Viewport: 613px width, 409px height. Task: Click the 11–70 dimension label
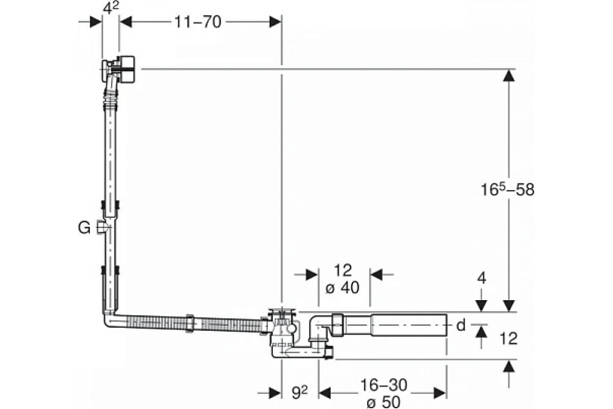pos(198,22)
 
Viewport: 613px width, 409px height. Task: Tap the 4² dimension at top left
pos(111,8)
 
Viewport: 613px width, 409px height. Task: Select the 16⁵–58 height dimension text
pos(507,190)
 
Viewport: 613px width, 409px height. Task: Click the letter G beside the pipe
pos(84,228)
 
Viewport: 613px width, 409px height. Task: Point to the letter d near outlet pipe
pos(461,326)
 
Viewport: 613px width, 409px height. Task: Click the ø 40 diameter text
pos(342,288)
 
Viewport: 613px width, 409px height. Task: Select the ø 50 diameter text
pos(383,402)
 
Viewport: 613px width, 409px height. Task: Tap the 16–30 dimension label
pos(384,385)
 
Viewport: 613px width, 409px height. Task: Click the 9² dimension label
pos(299,392)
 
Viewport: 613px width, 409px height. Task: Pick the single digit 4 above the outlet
pos(482,278)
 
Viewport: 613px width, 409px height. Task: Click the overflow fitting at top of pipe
pos(118,70)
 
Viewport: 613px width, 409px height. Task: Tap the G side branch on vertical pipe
pos(103,228)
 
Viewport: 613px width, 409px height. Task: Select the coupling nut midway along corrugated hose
pos(190,324)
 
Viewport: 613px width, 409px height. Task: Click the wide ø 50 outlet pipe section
pos(409,325)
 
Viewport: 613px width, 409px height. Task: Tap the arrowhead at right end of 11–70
pos(275,22)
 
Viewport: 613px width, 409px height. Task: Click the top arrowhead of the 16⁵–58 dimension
pos(509,76)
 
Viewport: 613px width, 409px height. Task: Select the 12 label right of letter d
pos(508,338)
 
